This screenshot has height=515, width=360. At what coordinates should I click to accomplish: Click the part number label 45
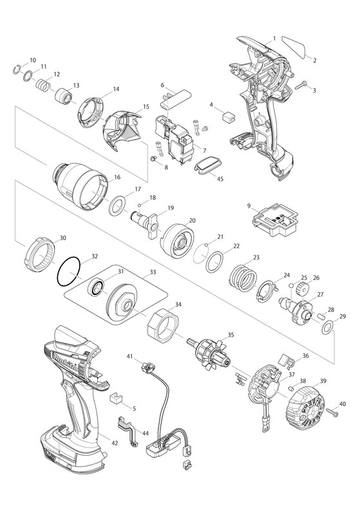click(220, 179)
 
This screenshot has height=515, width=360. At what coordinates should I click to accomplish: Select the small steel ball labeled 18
click(139, 205)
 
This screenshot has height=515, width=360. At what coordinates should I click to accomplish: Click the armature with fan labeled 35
click(210, 354)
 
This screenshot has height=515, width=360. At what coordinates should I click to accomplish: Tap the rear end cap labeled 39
click(305, 406)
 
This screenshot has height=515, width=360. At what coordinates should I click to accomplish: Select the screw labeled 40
click(332, 411)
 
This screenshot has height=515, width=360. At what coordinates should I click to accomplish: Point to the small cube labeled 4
click(229, 117)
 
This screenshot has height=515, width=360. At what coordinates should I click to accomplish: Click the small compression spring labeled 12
click(43, 86)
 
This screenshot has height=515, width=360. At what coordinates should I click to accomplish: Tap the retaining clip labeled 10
click(17, 70)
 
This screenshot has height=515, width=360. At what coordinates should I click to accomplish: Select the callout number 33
click(153, 272)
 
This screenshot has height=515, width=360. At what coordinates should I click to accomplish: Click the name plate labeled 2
click(294, 46)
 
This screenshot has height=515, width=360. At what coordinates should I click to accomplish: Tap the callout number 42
click(115, 443)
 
